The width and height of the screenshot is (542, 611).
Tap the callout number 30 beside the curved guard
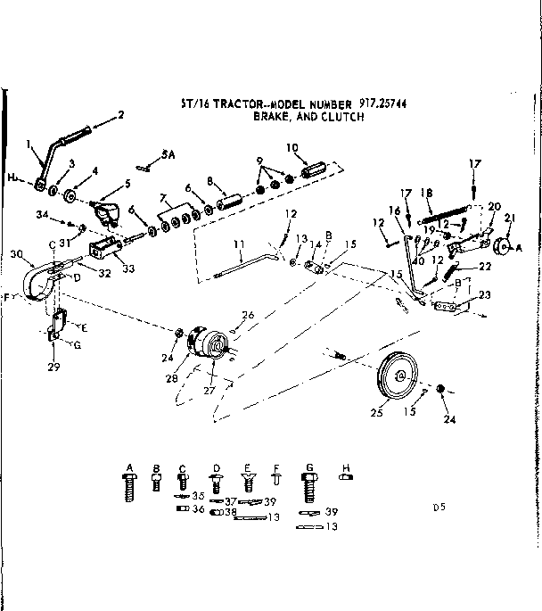[x=17, y=252]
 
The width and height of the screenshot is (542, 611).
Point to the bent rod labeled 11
[x=245, y=267]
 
